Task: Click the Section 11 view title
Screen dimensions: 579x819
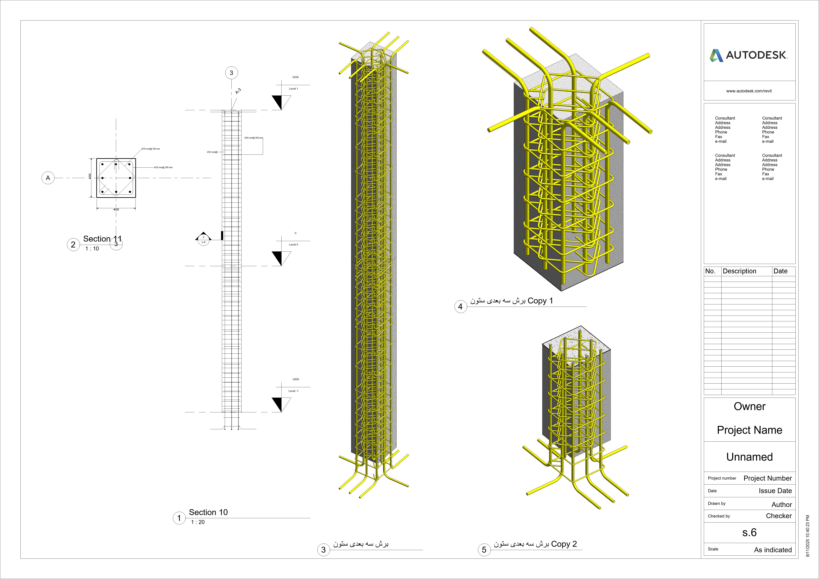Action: tap(102, 239)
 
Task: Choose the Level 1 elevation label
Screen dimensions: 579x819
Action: tap(293, 88)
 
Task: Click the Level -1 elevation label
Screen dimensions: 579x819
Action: tap(293, 391)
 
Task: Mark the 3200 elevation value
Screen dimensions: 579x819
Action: tap(295, 77)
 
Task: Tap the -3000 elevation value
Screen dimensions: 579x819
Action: tap(295, 379)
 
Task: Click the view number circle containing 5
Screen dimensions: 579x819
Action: tap(484, 550)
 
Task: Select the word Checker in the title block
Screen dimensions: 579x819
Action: tap(779, 516)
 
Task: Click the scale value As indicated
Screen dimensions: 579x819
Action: tap(773, 550)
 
